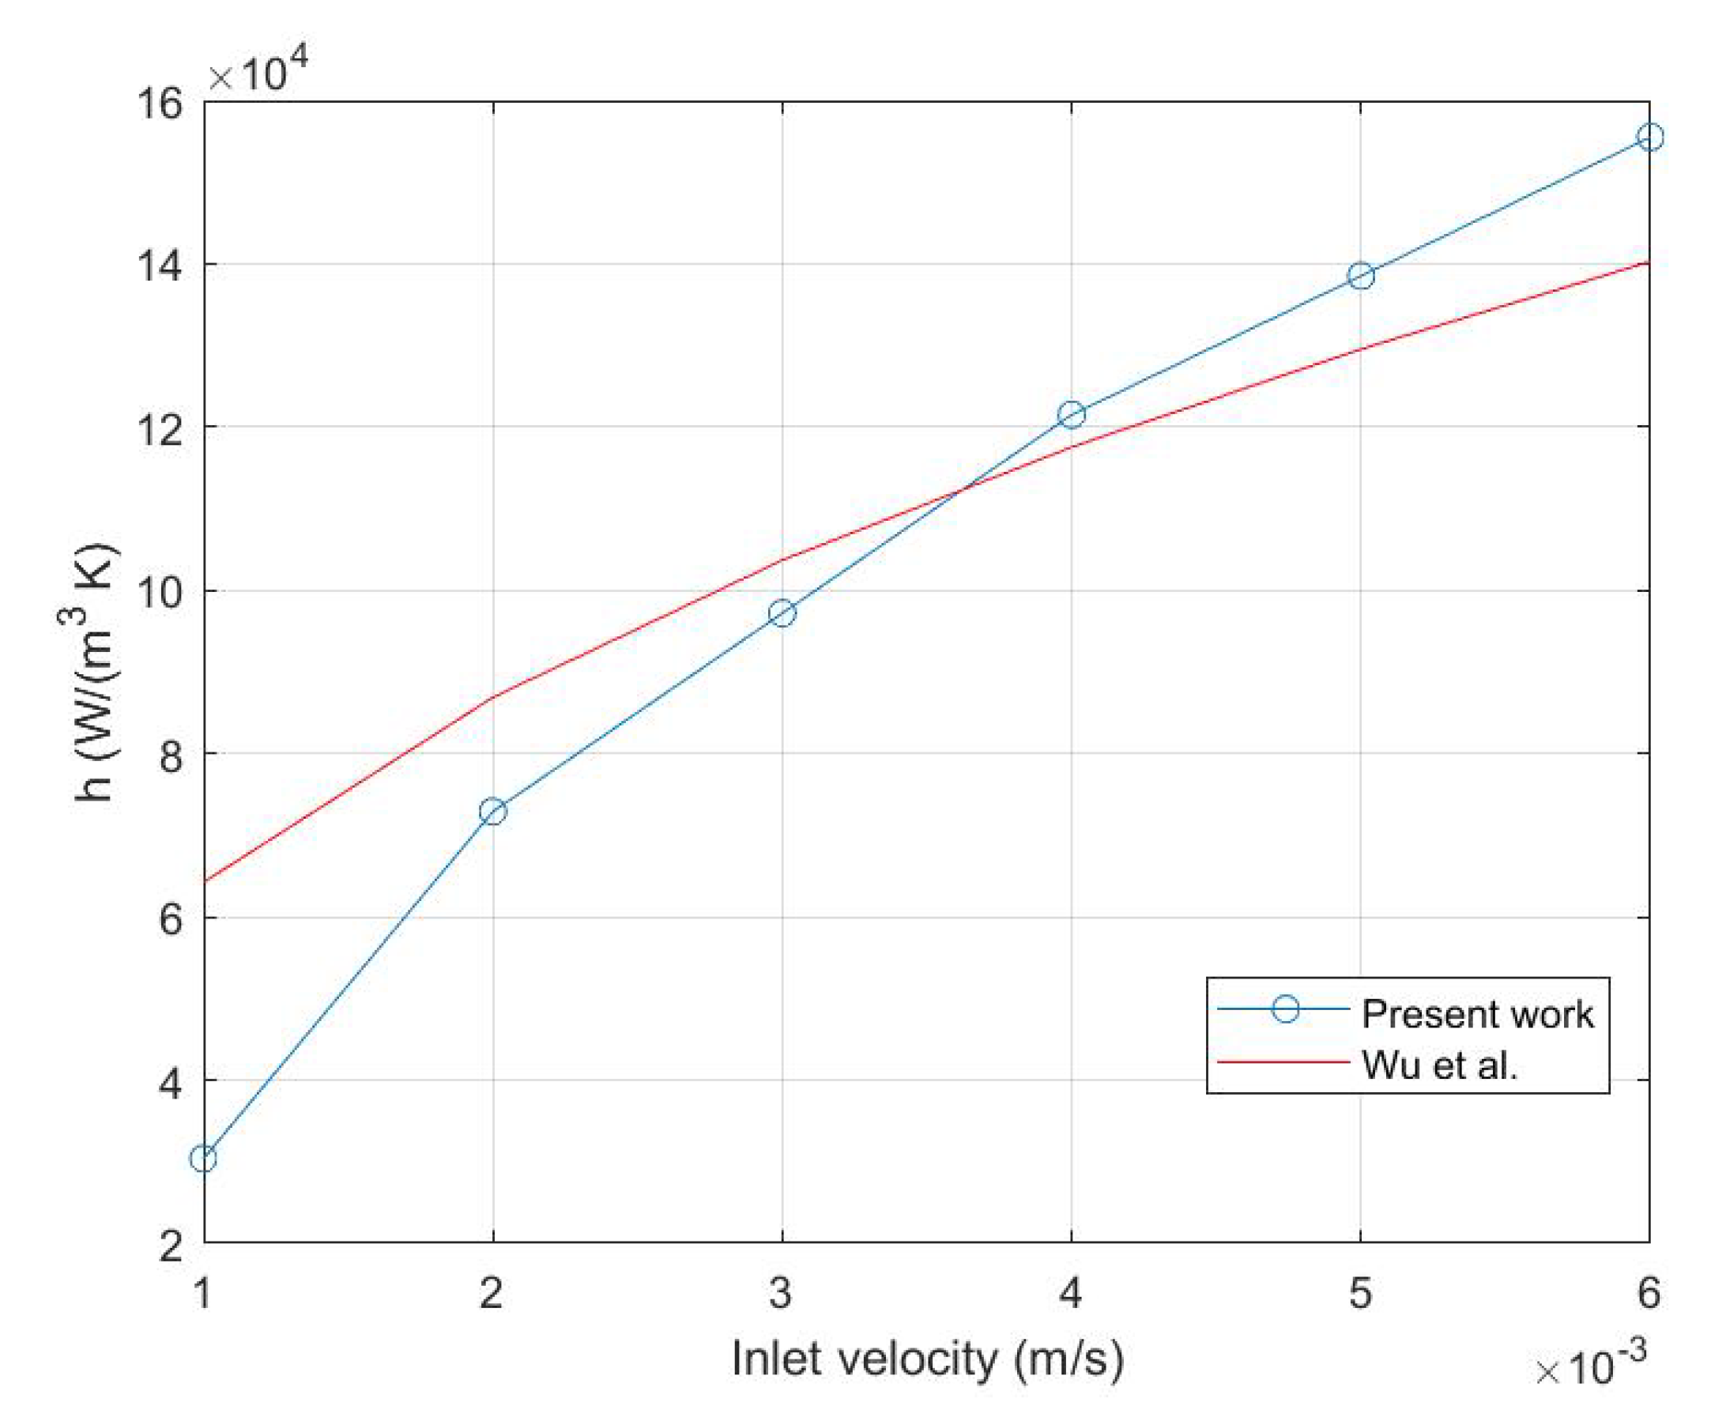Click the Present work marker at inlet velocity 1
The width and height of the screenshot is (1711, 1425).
coord(204,1159)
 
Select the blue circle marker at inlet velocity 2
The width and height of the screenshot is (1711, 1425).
coord(493,812)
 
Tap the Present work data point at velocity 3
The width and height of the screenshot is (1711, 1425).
coord(782,613)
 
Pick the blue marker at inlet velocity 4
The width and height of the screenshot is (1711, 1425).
coord(1072,415)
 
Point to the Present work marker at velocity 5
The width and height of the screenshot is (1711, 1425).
coord(1361,276)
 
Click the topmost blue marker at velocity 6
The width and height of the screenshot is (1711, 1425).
coord(1650,138)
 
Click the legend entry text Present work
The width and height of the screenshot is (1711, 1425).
coord(1477,1014)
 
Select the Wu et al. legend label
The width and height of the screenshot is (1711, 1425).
coord(1440,1065)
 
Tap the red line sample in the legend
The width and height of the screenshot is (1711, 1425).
coord(1283,1062)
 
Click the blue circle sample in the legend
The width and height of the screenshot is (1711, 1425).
coord(1285,1009)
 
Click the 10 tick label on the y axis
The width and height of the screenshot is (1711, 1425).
coord(159,592)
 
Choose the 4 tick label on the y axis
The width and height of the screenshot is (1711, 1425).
coord(170,1081)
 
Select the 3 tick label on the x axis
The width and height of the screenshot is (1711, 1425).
coord(782,1294)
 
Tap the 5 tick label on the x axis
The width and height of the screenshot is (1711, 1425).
coord(1360,1294)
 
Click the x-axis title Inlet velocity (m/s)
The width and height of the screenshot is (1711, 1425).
coord(927,1358)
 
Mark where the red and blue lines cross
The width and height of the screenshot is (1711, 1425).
coord(964,490)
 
